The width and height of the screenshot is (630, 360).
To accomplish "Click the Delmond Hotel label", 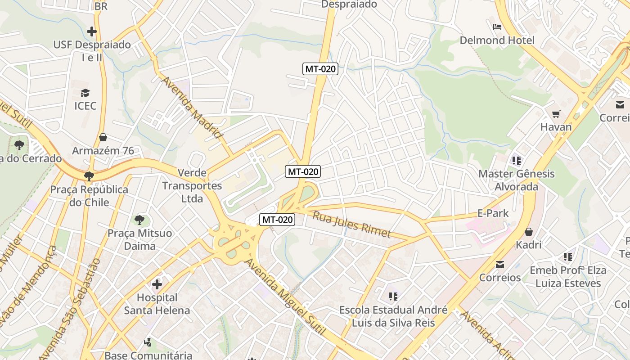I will [497, 40].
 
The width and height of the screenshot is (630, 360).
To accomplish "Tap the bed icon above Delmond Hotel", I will [497, 27].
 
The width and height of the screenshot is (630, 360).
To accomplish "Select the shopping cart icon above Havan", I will [556, 114].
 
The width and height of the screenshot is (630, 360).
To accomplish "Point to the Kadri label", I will [529, 245].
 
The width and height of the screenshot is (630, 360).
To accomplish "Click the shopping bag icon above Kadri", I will [529, 232].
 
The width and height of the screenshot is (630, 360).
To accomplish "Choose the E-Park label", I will [493, 213].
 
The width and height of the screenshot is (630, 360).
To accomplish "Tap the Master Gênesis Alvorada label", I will [516, 180].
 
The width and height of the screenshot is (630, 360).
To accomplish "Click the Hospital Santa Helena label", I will [157, 304].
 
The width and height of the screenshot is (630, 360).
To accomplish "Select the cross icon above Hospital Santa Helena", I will [157, 284].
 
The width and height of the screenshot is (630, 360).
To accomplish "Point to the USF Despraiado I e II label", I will [92, 51].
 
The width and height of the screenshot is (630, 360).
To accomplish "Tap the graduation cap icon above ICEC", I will [85, 93].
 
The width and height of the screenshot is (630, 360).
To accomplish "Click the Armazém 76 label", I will [103, 151].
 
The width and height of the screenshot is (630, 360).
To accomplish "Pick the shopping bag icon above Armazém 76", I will [103, 137].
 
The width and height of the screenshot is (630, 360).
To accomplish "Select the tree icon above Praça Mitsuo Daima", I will [139, 220].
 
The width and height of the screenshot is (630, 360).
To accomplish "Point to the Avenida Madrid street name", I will [192, 107].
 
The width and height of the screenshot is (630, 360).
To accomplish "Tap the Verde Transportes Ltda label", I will [192, 185].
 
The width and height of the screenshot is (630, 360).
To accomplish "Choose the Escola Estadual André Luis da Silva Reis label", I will [393, 316].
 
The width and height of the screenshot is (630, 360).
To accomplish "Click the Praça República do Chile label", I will [89, 196].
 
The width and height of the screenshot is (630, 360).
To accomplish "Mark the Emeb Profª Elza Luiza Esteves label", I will [568, 277].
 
